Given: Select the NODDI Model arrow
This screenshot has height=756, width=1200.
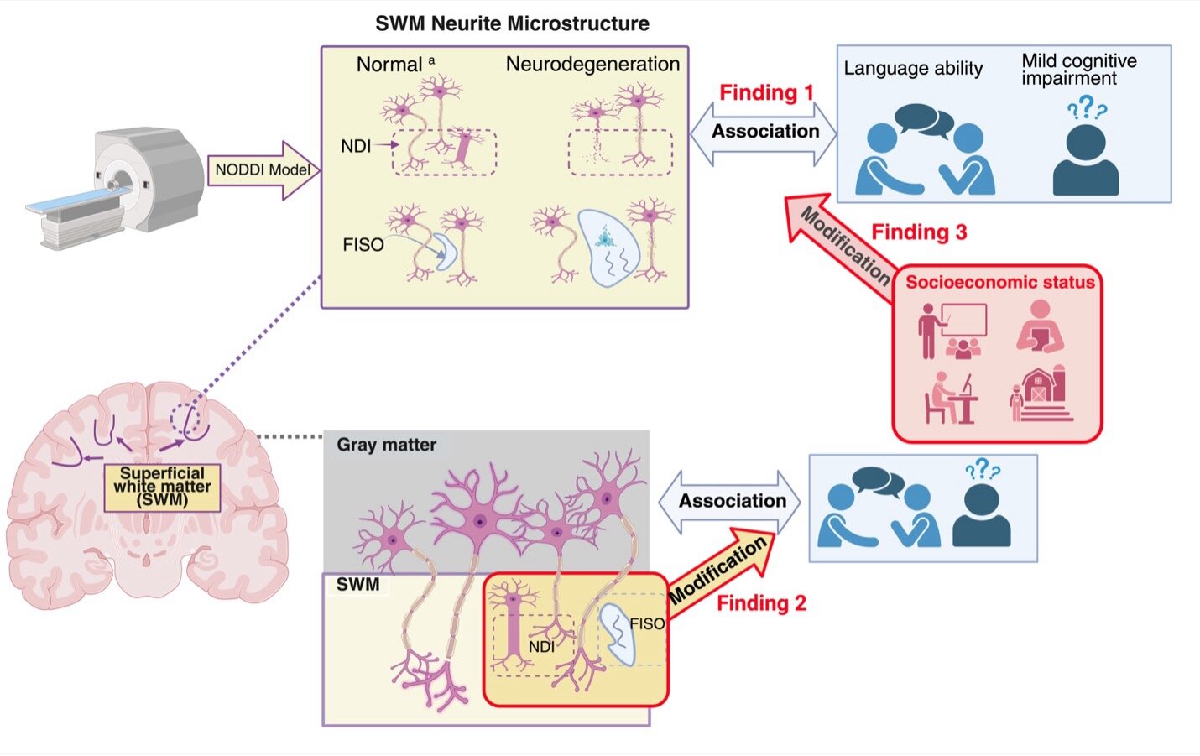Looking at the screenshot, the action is [x=263, y=170].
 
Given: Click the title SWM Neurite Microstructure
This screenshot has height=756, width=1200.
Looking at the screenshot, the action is [x=512, y=23].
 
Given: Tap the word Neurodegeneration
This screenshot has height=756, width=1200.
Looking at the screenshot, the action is [x=592, y=65].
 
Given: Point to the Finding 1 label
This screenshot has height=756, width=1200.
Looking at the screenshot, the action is [x=766, y=92].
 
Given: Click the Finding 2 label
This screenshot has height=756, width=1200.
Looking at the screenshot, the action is [x=761, y=603].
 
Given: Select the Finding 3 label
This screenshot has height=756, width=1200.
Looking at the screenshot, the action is [x=919, y=232].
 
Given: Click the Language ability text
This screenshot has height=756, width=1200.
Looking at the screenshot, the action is [x=913, y=69].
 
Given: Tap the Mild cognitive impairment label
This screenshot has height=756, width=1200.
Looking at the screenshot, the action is [x=1079, y=69].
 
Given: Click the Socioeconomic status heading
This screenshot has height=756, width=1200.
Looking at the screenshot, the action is [x=999, y=283].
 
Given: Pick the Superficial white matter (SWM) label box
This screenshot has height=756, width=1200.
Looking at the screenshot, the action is [x=162, y=487].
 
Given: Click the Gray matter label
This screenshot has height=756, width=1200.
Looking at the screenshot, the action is [x=386, y=445].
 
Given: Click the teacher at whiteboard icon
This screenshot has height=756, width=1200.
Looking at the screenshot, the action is [x=952, y=331].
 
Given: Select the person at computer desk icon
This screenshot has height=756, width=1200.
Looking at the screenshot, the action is [x=952, y=398].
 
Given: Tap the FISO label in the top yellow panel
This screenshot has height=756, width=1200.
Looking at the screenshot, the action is [x=363, y=245].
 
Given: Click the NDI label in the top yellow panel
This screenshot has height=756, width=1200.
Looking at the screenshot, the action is [x=356, y=146].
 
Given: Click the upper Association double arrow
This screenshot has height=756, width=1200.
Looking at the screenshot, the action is [x=764, y=133].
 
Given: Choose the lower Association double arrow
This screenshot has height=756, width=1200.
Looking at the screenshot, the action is [x=729, y=502].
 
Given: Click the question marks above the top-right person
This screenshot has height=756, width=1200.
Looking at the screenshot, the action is [x=1087, y=107].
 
